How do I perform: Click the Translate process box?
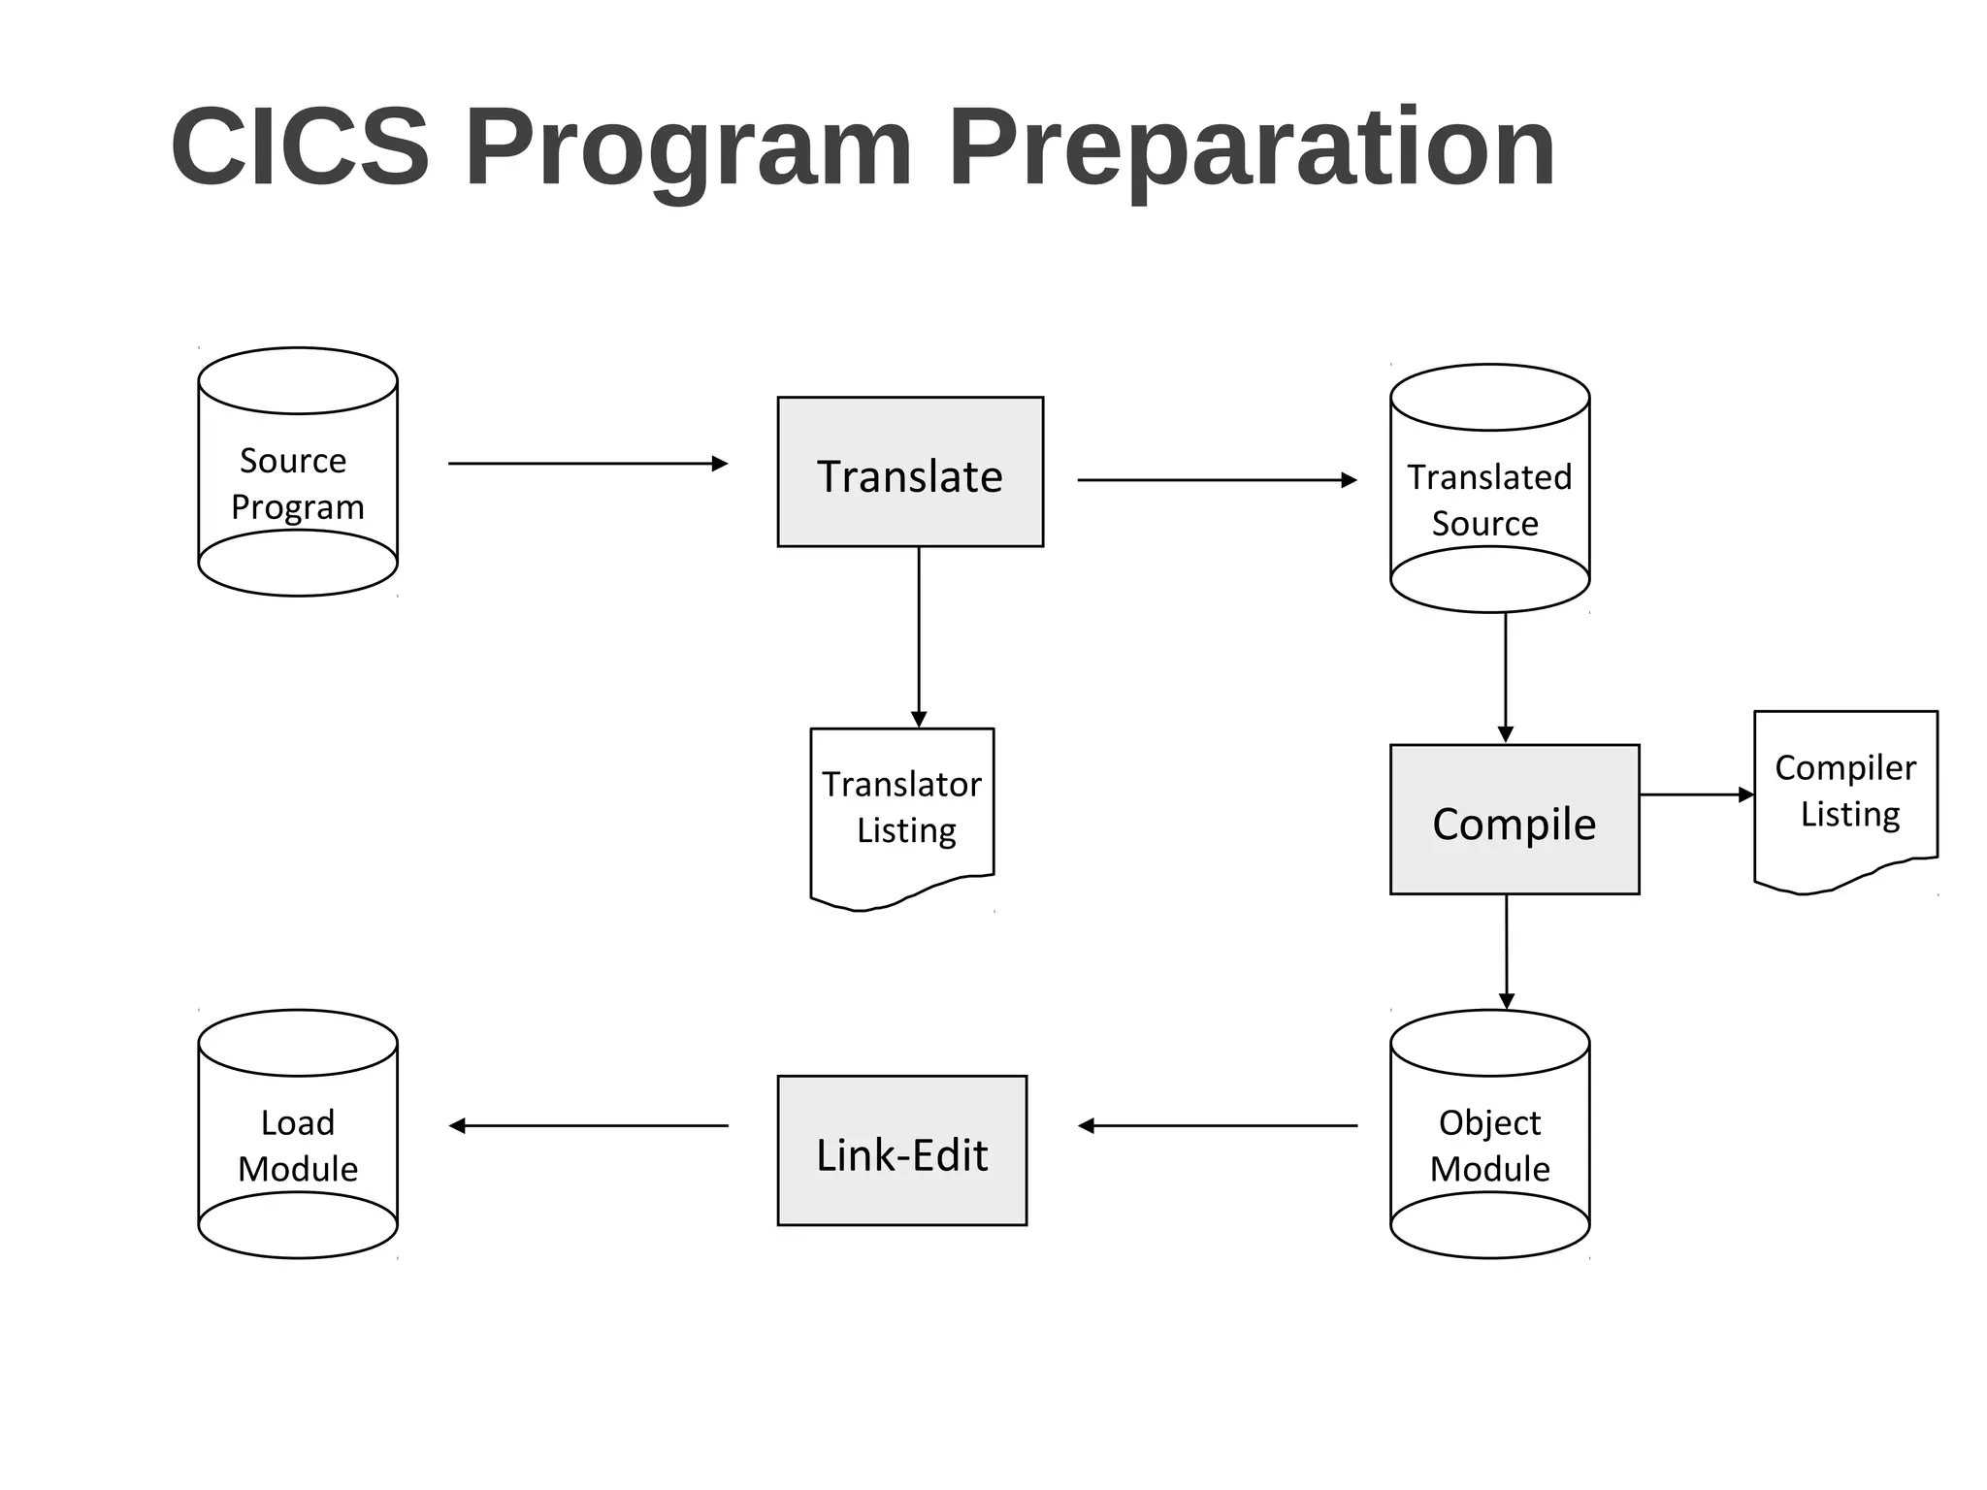pos(910,472)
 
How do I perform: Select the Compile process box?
pos(1515,821)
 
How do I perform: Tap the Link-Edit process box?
pos(902,1150)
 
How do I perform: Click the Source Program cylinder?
pos(298,472)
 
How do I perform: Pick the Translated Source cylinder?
pos(1489,489)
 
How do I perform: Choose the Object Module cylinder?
pos(1489,1135)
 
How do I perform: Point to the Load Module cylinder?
pos(298,1135)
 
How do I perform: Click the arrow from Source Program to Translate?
pos(587,464)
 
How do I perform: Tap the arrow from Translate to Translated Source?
pos(1217,480)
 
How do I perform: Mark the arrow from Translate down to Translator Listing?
pos(919,635)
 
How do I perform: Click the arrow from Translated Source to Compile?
pos(1506,677)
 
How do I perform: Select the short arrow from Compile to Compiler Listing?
pos(1696,794)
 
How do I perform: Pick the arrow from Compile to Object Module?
pos(1507,951)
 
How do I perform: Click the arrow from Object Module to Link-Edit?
pos(1218,1126)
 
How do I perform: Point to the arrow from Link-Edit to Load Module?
pos(588,1126)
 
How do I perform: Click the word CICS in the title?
pos(300,147)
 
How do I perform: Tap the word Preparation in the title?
pos(1252,147)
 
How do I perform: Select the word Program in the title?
pos(689,147)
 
